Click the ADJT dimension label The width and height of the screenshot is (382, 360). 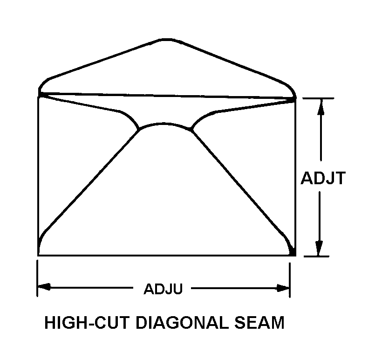click(x=322, y=178)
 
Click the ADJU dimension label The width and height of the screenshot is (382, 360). click(x=163, y=289)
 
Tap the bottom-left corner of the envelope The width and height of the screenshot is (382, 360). click(x=38, y=255)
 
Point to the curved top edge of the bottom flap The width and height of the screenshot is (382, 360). click(x=165, y=125)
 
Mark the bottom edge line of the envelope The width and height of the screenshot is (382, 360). click(x=163, y=255)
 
